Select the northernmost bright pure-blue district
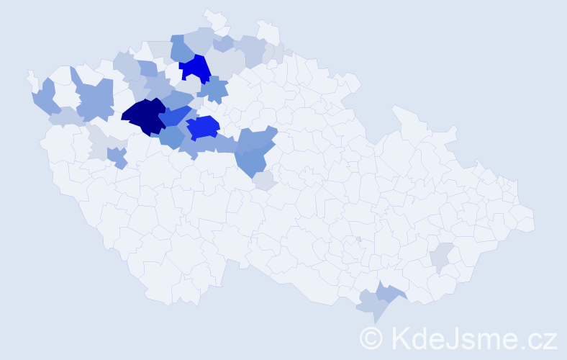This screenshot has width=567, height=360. [x=194, y=68]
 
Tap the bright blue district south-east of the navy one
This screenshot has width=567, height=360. [x=203, y=127]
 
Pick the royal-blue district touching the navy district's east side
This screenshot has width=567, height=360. [x=176, y=115]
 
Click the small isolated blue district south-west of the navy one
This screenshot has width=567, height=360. [x=117, y=156]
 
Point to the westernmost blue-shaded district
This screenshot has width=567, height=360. [x=45, y=96]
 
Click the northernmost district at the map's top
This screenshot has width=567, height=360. [x=213, y=17]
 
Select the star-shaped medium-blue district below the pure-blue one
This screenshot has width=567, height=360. [x=213, y=89]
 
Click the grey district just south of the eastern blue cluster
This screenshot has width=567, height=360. [x=264, y=180]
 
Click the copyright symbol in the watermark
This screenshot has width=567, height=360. [x=371, y=336]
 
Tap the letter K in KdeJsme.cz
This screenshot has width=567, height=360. [x=399, y=336]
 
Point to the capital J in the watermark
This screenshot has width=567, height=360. [x=456, y=336]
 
